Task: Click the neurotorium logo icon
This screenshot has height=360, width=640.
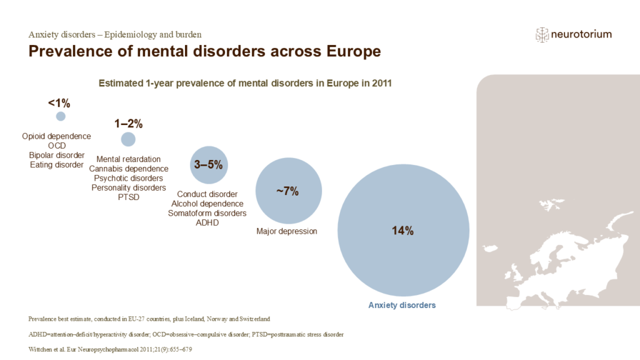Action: click(x=542, y=35)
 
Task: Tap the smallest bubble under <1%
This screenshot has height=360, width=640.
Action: click(x=61, y=116)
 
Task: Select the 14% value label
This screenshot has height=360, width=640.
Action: click(x=403, y=231)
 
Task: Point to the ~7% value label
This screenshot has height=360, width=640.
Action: click(x=287, y=191)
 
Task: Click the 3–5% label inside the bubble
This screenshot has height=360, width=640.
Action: click(x=209, y=165)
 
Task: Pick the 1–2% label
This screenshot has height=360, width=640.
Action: click(x=128, y=123)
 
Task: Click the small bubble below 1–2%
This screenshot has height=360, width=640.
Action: click(x=128, y=139)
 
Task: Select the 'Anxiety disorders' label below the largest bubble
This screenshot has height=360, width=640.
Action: click(x=401, y=306)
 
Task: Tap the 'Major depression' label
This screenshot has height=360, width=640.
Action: click(x=287, y=231)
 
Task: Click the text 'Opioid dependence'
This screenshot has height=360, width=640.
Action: click(x=56, y=136)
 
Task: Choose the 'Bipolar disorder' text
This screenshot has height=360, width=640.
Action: click(x=56, y=155)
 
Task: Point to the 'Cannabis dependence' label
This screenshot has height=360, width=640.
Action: click(x=129, y=169)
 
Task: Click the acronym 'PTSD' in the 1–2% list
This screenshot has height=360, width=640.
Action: click(x=129, y=197)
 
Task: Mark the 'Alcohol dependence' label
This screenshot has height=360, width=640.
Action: click(x=207, y=204)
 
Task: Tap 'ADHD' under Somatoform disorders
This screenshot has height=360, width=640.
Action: click(x=207, y=222)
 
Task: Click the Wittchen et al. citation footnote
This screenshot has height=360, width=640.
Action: click(x=110, y=349)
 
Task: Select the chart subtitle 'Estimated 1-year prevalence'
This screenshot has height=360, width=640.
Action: click(x=245, y=83)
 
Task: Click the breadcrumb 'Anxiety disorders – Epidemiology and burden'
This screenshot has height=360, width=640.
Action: click(x=115, y=34)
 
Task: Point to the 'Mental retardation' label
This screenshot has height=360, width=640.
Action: click(x=129, y=159)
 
